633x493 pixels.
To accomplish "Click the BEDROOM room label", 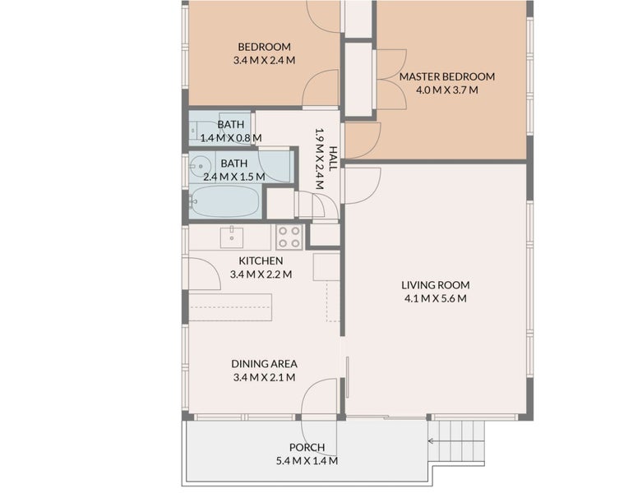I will pyautogui.click(x=264, y=47).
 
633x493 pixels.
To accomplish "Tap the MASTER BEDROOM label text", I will pyautogui.click(x=447, y=77).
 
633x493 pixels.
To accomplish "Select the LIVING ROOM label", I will pyautogui.click(x=435, y=285).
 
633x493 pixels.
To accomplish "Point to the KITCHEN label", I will pyautogui.click(x=261, y=261).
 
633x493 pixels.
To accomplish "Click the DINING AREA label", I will pyautogui.click(x=264, y=363).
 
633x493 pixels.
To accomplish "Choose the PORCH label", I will pyautogui.click(x=307, y=448).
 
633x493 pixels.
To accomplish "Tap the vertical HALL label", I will pyautogui.click(x=333, y=155).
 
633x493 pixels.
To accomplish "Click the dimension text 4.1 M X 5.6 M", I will pyautogui.click(x=435, y=298).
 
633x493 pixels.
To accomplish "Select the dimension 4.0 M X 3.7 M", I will pyautogui.click(x=447, y=90).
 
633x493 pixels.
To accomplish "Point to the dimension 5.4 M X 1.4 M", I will pyautogui.click(x=307, y=461).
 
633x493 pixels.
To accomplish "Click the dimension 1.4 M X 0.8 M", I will pyautogui.click(x=230, y=137).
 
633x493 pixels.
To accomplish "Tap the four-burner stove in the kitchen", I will pyautogui.click(x=289, y=237).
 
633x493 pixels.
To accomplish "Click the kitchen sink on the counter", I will pyautogui.click(x=232, y=237).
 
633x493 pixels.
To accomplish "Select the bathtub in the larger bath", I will pyautogui.click(x=224, y=201).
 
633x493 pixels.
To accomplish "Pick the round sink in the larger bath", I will pyautogui.click(x=200, y=164).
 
